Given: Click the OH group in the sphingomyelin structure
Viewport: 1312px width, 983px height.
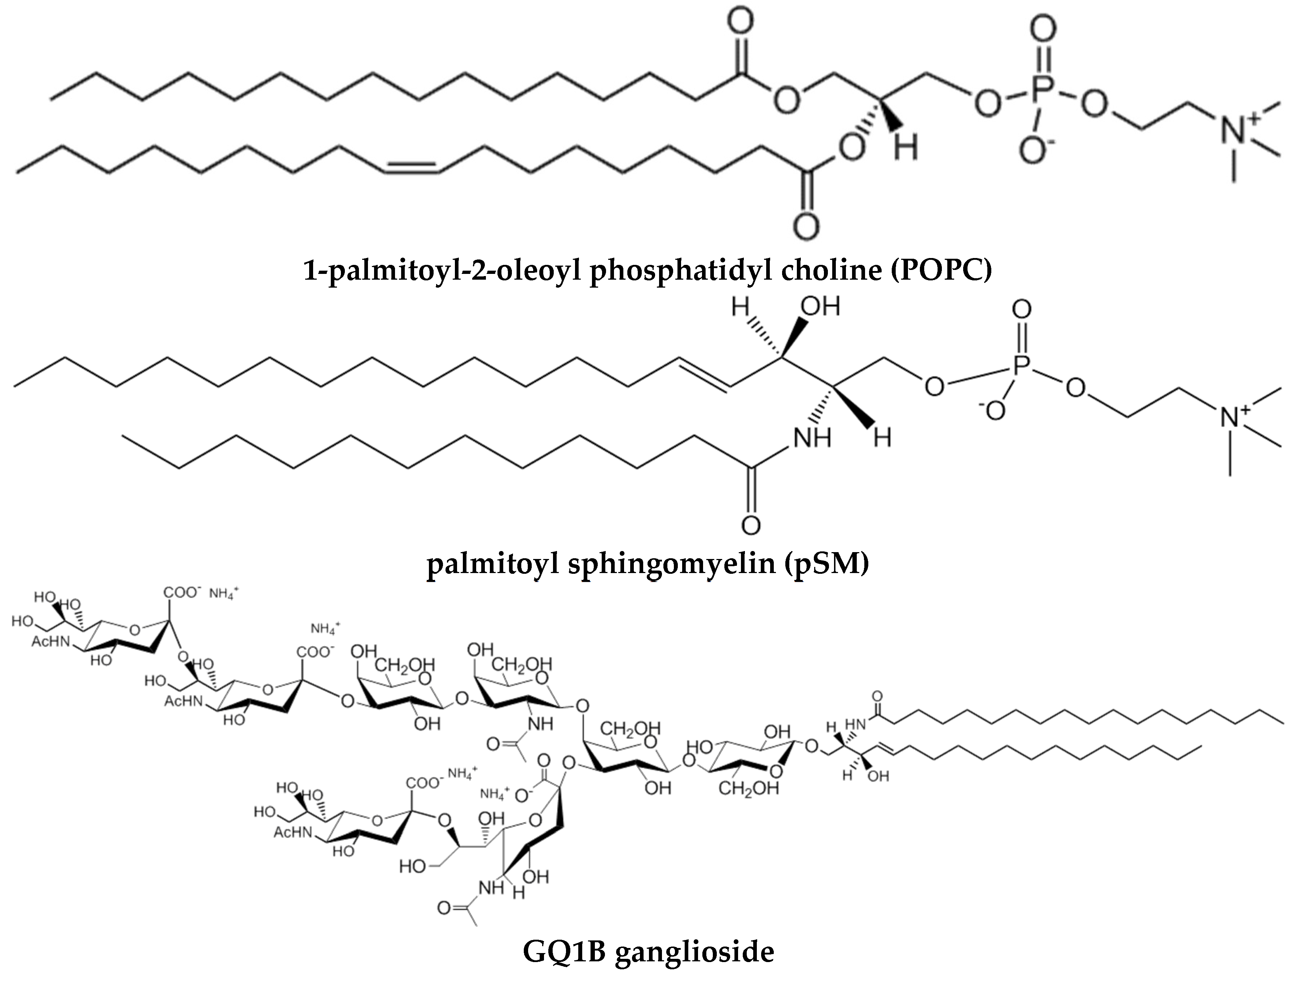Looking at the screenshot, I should tap(821, 307).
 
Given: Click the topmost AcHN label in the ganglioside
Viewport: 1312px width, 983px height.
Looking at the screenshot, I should tap(51, 641).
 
